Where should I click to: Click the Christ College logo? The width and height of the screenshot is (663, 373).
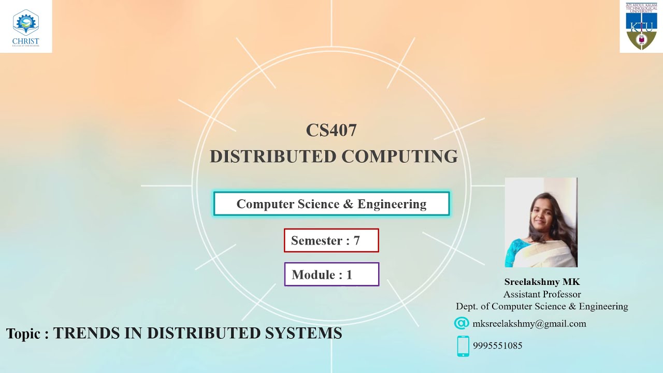[x=25, y=26]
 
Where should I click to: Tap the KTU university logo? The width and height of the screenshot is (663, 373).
[x=641, y=26]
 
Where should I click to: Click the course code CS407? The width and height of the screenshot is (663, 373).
[x=331, y=130]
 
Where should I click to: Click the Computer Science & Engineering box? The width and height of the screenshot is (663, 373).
[x=331, y=204]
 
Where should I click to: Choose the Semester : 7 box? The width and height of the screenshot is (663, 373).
[x=331, y=240]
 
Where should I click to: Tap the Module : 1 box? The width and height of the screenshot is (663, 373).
[x=331, y=275]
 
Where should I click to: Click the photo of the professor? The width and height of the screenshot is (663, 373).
[x=541, y=222]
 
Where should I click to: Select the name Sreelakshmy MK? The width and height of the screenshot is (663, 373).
[x=542, y=282]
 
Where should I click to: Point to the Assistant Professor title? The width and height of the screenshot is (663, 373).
[x=542, y=294]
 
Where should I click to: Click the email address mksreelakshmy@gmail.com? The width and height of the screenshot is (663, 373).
[x=529, y=324]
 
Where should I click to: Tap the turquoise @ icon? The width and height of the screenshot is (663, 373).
[x=461, y=323]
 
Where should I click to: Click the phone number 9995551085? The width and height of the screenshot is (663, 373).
[x=497, y=346]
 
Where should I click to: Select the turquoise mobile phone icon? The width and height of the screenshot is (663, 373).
[x=463, y=346]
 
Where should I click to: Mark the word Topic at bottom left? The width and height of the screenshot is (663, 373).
[x=23, y=333]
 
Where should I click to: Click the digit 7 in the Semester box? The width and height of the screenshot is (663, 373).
[x=356, y=241]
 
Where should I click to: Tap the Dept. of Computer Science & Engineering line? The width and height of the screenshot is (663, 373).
[x=542, y=306]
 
